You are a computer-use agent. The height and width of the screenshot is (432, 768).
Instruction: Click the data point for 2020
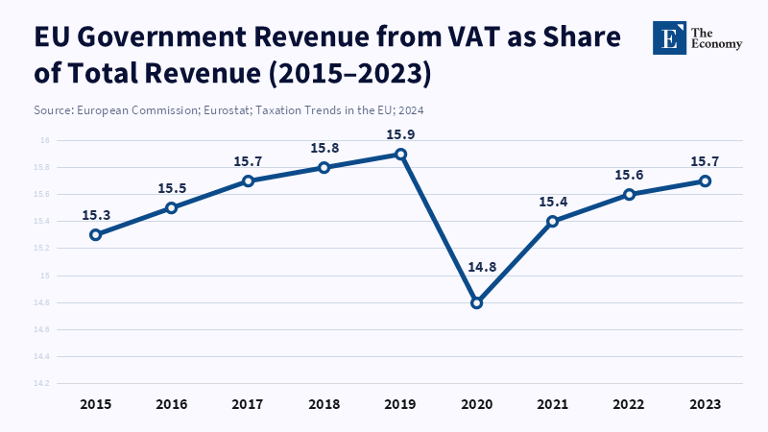pos(476,302)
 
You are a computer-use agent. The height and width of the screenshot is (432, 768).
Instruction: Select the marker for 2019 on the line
pos(400,154)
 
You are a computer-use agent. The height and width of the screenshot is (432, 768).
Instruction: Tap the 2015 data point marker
pos(95,234)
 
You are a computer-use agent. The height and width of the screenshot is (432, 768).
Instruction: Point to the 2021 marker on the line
pos(552,221)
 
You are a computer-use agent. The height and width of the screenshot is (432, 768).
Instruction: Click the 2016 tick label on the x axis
pos(172,404)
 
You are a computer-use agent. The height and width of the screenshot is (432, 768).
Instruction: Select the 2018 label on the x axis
pos(324,404)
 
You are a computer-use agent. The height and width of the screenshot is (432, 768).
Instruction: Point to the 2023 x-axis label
pos(706,404)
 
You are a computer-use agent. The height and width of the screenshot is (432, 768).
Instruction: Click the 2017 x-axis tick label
pos(248,404)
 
